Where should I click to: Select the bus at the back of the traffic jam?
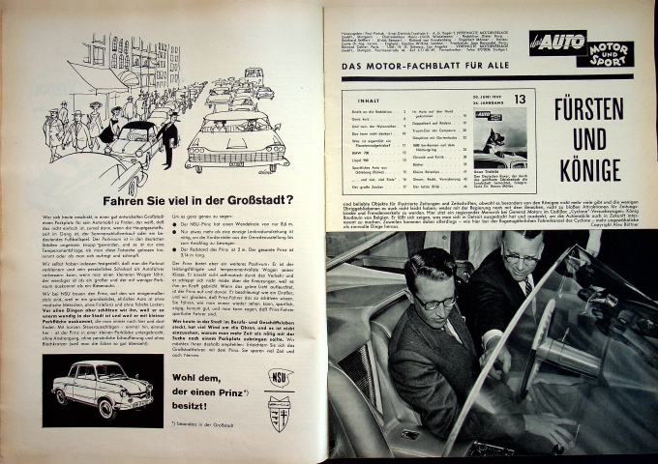point(254,73)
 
